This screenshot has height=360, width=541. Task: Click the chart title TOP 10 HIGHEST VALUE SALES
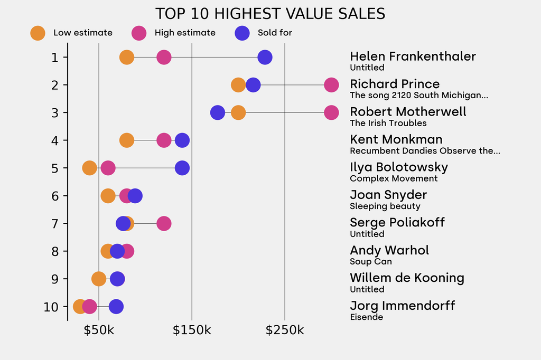pyautogui.click(x=270, y=14)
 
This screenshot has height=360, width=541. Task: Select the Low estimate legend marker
pyautogui.click(x=38, y=33)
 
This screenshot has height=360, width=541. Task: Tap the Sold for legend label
pyautogui.click(x=275, y=33)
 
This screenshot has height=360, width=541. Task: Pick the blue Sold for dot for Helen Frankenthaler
pyautogui.click(x=265, y=57)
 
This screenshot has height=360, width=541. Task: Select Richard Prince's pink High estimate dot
pyautogui.click(x=331, y=84)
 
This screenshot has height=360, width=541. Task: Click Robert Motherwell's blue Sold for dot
pyautogui.click(x=217, y=112)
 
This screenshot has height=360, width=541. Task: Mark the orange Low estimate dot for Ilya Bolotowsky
pyautogui.click(x=90, y=168)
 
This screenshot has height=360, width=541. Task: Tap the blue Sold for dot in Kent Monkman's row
pyautogui.click(x=182, y=140)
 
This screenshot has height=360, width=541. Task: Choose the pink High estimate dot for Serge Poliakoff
pyautogui.click(x=164, y=223)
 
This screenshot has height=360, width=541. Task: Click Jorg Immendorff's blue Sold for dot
pyautogui.click(x=116, y=306)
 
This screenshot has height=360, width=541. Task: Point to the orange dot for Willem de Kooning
pyautogui.click(x=99, y=279)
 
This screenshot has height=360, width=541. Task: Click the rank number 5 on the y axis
pyautogui.click(x=55, y=168)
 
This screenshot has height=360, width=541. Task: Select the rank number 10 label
pyautogui.click(x=51, y=307)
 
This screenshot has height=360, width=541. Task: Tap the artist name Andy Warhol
pyautogui.click(x=389, y=250)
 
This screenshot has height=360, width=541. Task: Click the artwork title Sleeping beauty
pyautogui.click(x=385, y=206)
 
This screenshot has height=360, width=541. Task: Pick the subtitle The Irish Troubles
pyautogui.click(x=388, y=123)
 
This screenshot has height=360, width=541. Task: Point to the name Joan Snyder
pyautogui.click(x=388, y=195)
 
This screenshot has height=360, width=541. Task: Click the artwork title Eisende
pyautogui.click(x=366, y=317)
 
